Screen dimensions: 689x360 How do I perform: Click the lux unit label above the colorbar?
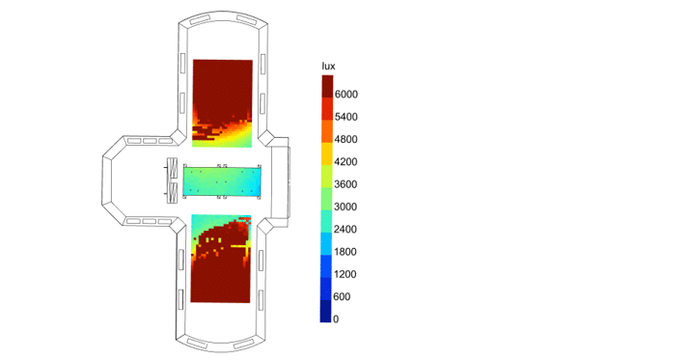click(x=328, y=67)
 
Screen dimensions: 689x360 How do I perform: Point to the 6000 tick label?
click(x=345, y=95)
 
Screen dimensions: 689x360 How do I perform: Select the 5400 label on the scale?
click(x=345, y=117)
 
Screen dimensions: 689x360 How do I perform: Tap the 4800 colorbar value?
click(x=345, y=139)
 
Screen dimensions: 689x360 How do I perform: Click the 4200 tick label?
click(x=345, y=162)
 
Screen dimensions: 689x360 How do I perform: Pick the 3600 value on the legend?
click(x=345, y=184)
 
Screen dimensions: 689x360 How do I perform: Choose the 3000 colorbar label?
click(x=345, y=207)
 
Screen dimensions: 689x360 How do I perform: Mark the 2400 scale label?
click(x=345, y=229)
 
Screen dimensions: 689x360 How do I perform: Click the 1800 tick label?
click(x=345, y=252)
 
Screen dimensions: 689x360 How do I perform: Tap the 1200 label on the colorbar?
click(x=345, y=274)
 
